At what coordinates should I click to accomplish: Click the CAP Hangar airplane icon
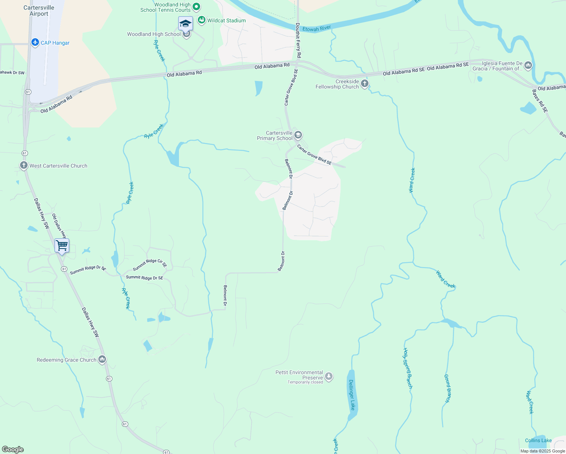(x=35, y=42)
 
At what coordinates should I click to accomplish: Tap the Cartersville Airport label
(x=39, y=11)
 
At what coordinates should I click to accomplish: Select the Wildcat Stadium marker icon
(x=202, y=20)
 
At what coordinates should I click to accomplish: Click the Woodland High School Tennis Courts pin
(x=196, y=6)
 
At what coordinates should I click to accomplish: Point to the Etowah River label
(x=317, y=28)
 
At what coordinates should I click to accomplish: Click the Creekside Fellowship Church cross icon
(x=364, y=84)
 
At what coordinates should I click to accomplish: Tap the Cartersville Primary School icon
(x=298, y=135)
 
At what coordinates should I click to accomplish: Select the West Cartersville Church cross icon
(x=23, y=165)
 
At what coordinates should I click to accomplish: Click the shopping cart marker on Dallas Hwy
(x=62, y=246)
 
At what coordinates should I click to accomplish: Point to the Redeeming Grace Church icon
(x=102, y=359)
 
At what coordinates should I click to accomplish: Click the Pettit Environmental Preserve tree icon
(x=329, y=376)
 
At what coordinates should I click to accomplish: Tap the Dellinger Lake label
(x=352, y=395)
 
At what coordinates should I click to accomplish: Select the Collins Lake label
(x=538, y=440)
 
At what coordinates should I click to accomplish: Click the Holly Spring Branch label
(x=407, y=368)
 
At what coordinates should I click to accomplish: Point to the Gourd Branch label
(x=448, y=388)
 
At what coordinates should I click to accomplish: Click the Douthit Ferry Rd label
(x=298, y=40)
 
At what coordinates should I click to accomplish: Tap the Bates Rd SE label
(x=540, y=101)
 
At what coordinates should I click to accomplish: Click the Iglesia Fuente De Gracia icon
(x=528, y=65)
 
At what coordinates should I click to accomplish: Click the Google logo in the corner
(x=13, y=449)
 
